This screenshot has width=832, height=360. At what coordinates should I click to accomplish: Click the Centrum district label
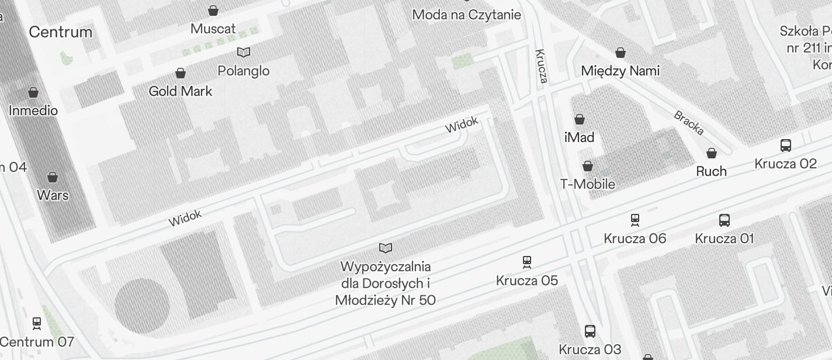click(60, 32)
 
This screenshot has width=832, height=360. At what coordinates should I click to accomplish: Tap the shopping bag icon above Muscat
click(213, 11)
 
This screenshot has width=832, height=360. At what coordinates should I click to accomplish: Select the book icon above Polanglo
click(244, 53)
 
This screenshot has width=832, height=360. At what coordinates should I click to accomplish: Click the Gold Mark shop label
click(181, 91)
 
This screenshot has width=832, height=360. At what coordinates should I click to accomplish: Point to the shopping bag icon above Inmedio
click(33, 92)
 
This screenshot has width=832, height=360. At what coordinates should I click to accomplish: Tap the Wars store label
click(53, 195)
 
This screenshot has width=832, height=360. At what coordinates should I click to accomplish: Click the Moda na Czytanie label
click(466, 15)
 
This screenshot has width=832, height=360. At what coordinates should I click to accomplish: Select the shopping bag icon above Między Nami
click(620, 53)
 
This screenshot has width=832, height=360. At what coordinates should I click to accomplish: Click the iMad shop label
click(579, 137)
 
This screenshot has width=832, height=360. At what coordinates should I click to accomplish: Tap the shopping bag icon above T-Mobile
click(588, 167)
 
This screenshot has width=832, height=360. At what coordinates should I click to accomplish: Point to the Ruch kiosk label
click(711, 171)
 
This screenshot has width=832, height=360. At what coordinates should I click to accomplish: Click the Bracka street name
click(689, 123)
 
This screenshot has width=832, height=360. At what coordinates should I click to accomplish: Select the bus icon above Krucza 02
click(786, 146)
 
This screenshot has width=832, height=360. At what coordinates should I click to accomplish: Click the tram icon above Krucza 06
click(635, 220)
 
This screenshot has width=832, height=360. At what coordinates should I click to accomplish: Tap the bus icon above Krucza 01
click(724, 220)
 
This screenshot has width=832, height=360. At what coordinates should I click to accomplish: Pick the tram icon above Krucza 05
click(527, 262)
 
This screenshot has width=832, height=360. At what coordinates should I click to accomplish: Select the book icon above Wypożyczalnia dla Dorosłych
click(386, 248)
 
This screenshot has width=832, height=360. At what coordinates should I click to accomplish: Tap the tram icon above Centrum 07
click(37, 323)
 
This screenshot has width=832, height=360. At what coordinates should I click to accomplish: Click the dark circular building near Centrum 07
click(142, 306)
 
